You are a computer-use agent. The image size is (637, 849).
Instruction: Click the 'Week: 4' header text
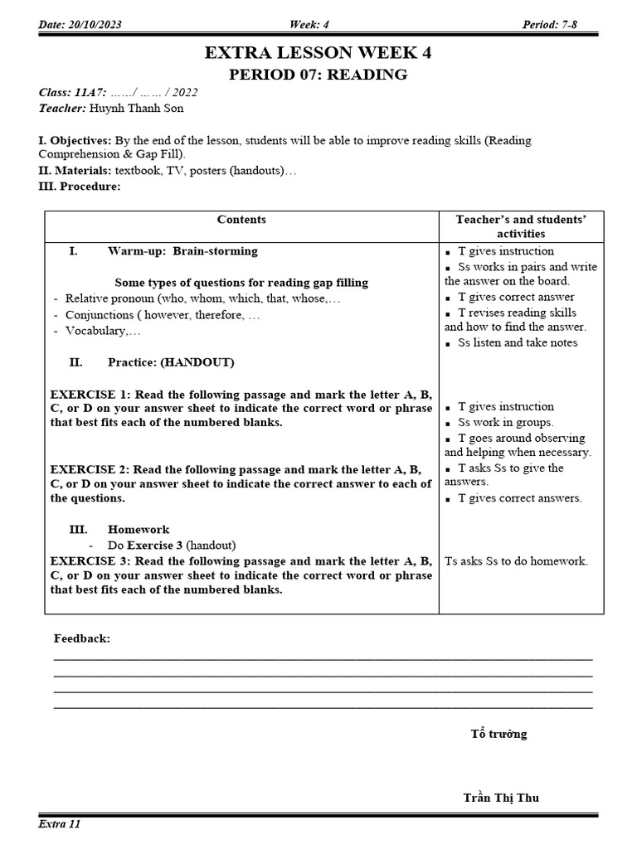pyautogui.click(x=309, y=25)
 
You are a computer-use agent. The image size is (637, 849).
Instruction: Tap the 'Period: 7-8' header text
pyautogui.click(x=549, y=25)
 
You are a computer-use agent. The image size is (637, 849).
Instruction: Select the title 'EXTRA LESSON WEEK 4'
pyautogui.click(x=318, y=53)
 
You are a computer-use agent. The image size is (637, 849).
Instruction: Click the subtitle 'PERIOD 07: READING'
pyautogui.click(x=318, y=75)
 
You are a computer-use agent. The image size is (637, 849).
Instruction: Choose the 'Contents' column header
pyautogui.click(x=241, y=220)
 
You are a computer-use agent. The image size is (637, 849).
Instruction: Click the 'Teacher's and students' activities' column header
pyautogui.click(x=521, y=226)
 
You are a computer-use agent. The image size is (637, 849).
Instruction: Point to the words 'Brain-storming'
pyautogui.click(x=215, y=250)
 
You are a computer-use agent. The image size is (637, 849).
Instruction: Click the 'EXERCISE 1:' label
pyautogui.click(x=90, y=394)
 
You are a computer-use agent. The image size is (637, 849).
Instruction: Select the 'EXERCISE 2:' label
pyautogui.click(x=90, y=468)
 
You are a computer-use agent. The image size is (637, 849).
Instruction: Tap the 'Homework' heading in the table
pyautogui.click(x=139, y=529)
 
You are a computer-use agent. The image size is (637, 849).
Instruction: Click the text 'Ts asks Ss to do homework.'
pyautogui.click(x=516, y=560)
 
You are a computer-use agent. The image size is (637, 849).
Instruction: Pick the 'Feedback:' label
pyautogui.click(x=82, y=638)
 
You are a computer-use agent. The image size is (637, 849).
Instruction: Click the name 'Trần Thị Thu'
pyautogui.click(x=501, y=798)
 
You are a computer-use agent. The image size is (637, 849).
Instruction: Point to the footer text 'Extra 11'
pyautogui.click(x=60, y=824)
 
